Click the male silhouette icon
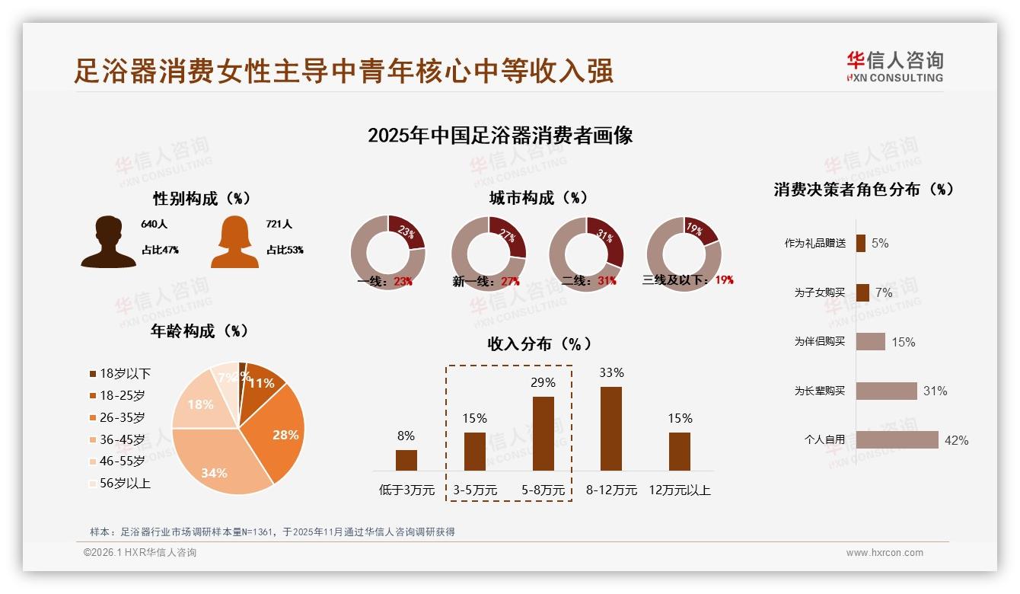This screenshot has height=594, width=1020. pos(108,242)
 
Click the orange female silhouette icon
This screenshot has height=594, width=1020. pos(234,242)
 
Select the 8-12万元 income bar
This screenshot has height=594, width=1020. pos(611,428)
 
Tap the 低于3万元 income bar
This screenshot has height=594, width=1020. pos(406,460)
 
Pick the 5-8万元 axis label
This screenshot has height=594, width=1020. pos(543,490)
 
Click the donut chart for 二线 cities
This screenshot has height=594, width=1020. pos(586,253)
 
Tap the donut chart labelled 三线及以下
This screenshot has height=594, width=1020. pos(684,253)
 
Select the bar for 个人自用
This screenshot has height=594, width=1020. pos(897,439)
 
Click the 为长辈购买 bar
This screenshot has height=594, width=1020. pos(886,391)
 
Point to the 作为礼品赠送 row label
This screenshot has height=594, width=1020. pos(815,244)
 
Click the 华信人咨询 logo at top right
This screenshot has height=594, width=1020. pos(894,67)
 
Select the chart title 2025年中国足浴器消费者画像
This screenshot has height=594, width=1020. pos(500,136)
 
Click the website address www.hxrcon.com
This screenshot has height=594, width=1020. pos(885,553)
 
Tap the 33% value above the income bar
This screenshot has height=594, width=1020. pos(611,373)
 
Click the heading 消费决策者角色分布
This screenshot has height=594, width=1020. pos(864,190)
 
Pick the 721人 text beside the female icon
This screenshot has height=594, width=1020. pos(279,225)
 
